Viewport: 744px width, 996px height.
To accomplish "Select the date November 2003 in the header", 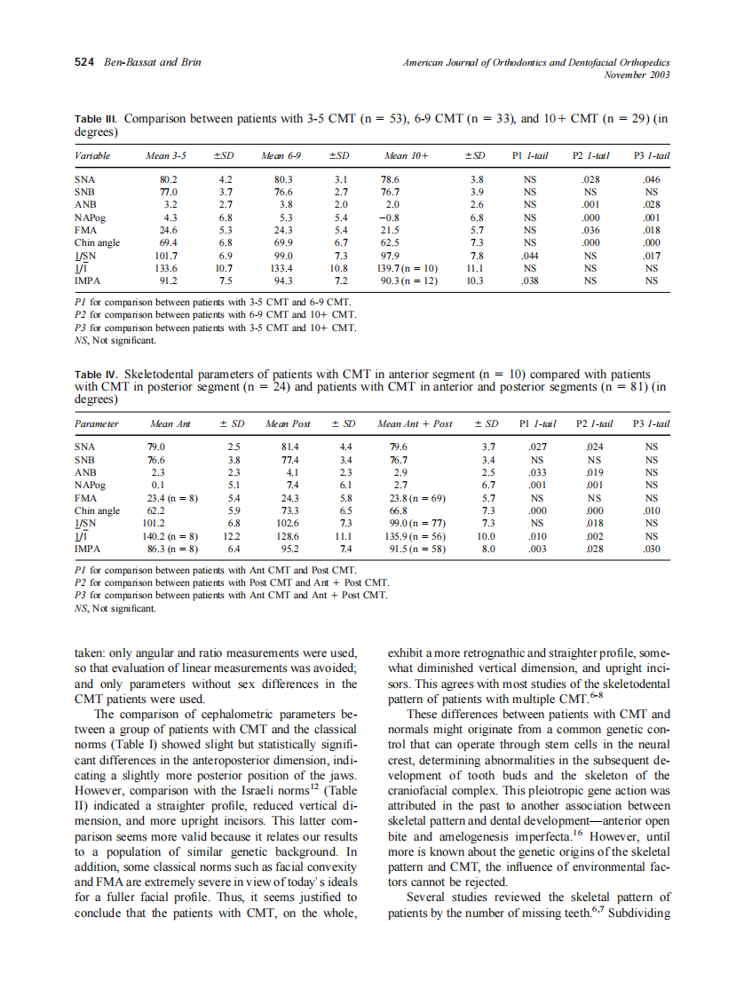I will click(636, 75).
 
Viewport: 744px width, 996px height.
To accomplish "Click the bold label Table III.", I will click(96, 118).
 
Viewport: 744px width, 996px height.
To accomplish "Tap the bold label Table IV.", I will click(96, 375).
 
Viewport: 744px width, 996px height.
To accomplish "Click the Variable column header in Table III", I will click(93, 156).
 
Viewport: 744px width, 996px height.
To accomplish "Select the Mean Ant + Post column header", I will click(415, 423).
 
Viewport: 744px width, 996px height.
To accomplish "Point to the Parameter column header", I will click(97, 423).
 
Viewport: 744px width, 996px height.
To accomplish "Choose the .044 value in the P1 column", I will click(530, 255).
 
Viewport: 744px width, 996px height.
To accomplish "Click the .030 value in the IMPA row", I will click(652, 549).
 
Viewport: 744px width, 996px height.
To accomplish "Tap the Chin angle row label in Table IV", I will click(97, 510).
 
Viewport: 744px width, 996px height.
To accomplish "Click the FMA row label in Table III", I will click(85, 229).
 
